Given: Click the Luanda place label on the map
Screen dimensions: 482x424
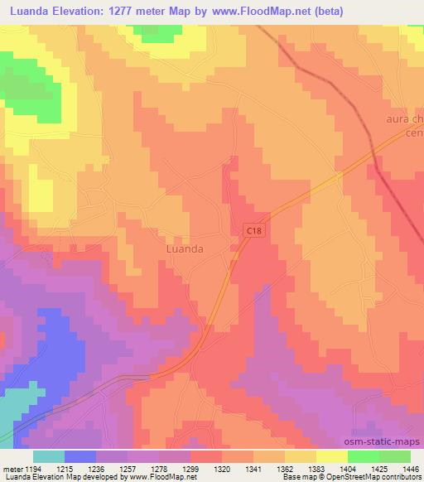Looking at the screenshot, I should click(185, 248).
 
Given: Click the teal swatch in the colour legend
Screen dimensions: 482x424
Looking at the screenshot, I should click(49, 456).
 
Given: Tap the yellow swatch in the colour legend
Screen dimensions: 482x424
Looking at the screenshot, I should click(331, 456).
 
